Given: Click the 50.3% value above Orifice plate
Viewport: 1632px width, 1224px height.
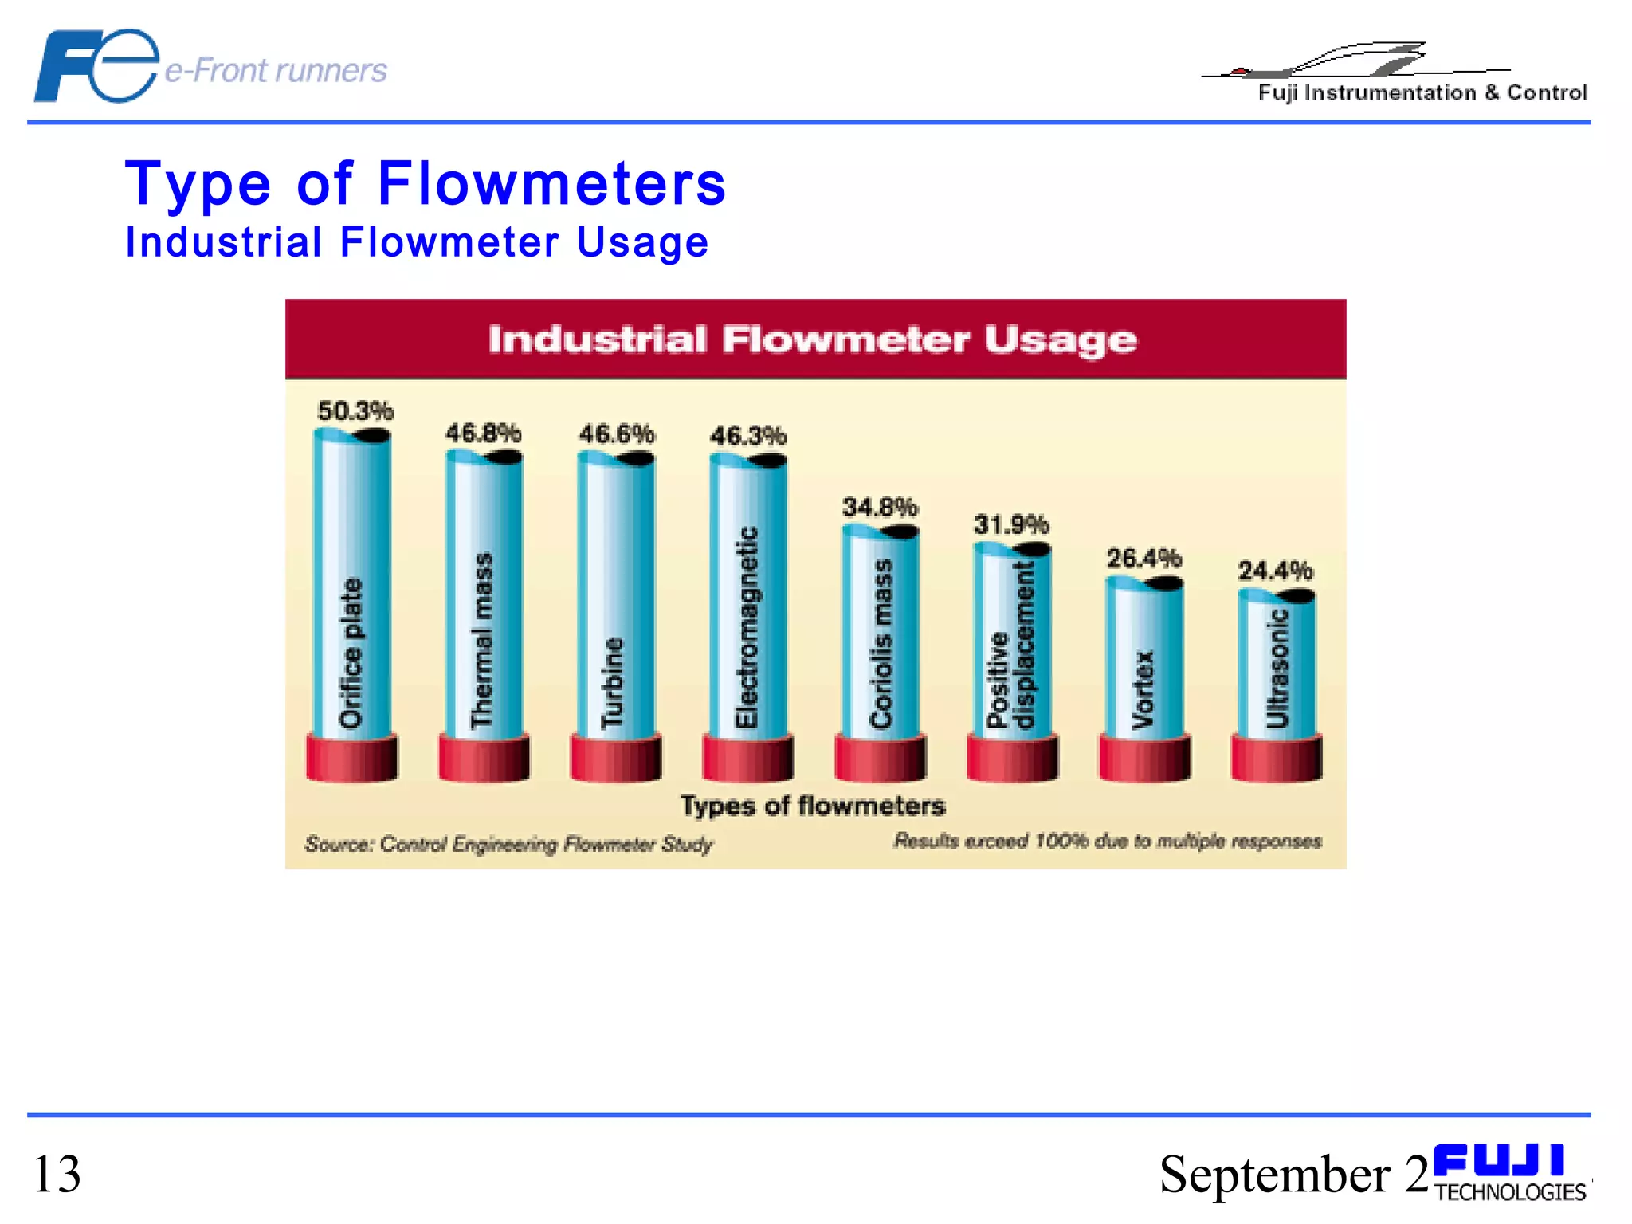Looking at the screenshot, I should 355,411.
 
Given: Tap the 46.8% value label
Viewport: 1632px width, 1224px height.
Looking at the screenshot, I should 483,433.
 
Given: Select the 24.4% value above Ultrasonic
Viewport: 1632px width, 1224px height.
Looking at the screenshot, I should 1275,571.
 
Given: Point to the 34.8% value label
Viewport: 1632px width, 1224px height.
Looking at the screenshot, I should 880,507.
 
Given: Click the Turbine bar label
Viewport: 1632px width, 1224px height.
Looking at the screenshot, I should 612,682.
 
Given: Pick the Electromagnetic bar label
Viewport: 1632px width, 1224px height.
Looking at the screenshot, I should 747,627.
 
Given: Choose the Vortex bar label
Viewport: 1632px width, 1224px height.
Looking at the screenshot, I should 1143,689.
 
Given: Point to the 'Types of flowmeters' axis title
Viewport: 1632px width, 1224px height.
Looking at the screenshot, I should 813,806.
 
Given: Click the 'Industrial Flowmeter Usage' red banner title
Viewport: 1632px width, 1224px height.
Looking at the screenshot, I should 813,339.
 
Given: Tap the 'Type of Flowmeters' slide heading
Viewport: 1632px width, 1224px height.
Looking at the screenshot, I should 426,184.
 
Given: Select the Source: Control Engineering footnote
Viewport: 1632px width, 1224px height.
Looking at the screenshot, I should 508,844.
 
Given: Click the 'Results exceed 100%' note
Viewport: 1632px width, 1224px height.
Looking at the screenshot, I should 1107,841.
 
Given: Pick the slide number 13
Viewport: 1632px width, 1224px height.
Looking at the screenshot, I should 57,1174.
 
